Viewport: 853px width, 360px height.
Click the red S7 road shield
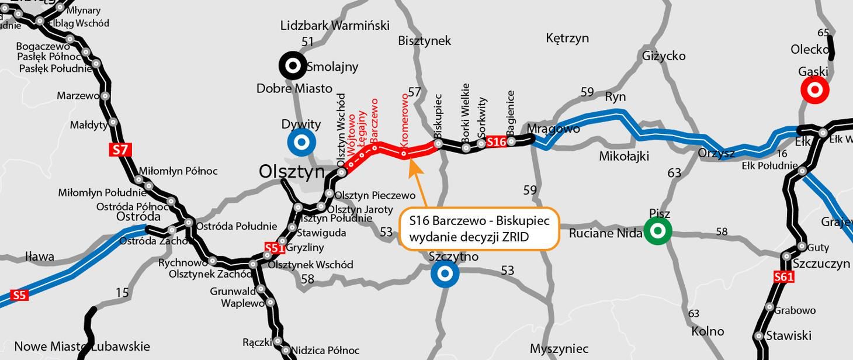[x=120, y=150]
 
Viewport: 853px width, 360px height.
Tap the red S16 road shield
[x=496, y=142]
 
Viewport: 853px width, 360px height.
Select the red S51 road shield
[x=275, y=248]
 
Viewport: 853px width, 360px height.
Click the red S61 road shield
[x=783, y=277]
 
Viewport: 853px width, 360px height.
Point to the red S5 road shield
[x=19, y=295]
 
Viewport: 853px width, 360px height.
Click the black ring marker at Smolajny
[x=293, y=65]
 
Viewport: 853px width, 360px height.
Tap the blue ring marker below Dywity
[x=301, y=143]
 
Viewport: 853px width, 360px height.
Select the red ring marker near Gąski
[x=814, y=91]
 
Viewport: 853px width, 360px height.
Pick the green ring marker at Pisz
[x=658, y=231]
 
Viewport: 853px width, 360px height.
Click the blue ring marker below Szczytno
[x=445, y=274]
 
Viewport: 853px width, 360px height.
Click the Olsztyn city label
[x=292, y=172]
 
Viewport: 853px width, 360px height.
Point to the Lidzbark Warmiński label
[x=335, y=25]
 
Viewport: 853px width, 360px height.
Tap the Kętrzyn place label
[x=567, y=39]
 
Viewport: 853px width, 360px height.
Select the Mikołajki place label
[x=624, y=157]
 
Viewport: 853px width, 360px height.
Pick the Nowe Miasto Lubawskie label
[x=82, y=346]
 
